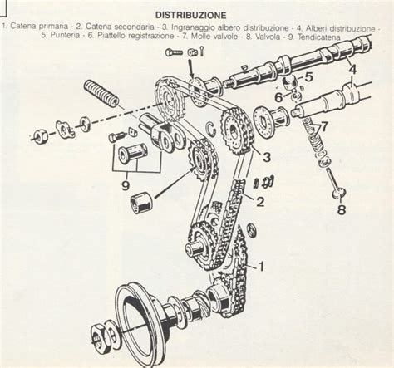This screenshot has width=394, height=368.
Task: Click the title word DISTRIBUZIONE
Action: coord(196,15)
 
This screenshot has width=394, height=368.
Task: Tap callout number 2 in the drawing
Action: coord(260,202)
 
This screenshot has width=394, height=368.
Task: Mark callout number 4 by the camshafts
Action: coord(353,70)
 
